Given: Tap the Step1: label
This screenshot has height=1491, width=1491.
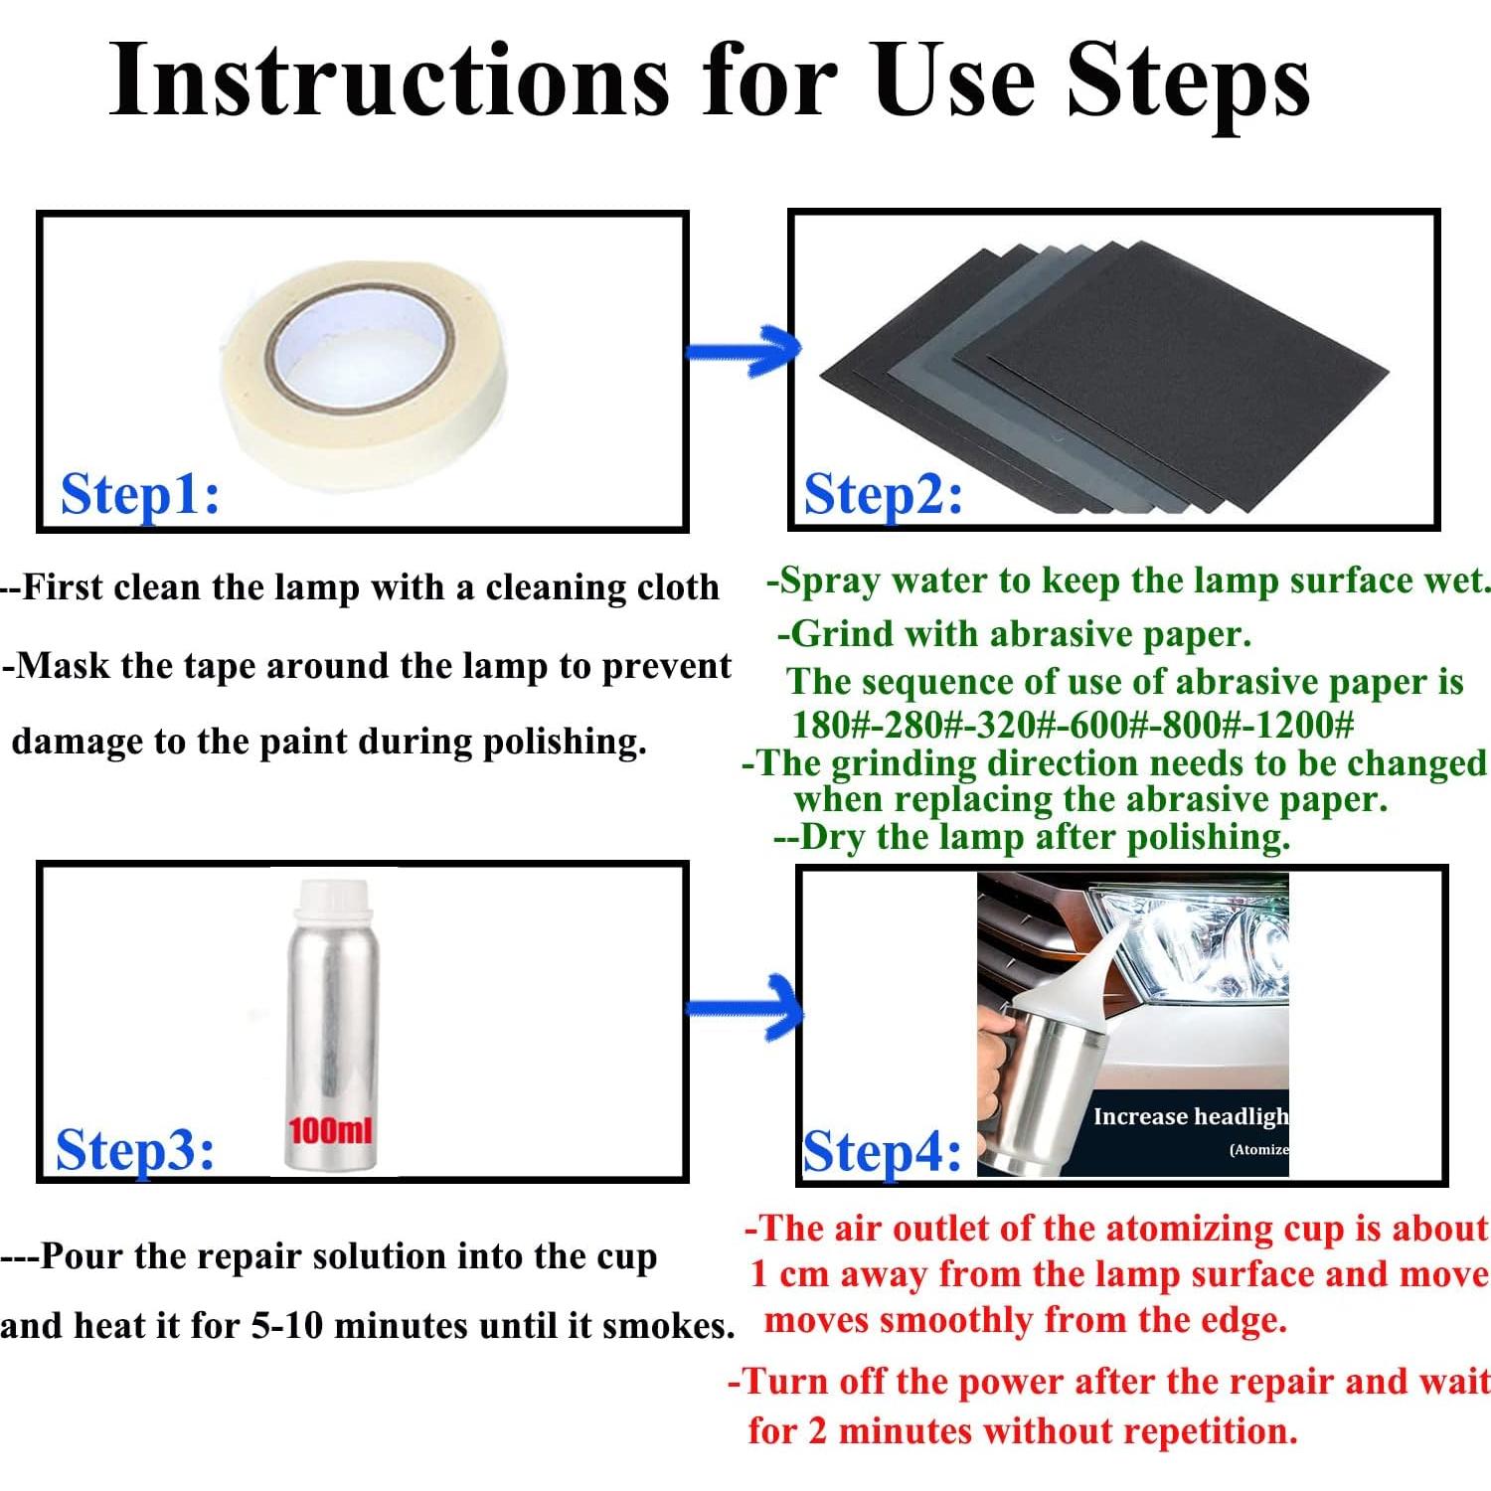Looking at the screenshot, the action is tap(140, 494).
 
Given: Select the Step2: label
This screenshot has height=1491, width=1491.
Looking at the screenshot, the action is tap(884, 495).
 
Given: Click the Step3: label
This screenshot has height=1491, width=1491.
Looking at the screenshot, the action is tap(135, 1151).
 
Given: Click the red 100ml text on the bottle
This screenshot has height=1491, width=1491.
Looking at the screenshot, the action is tap(330, 1130).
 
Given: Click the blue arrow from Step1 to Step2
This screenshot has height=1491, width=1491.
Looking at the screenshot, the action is tap(744, 351).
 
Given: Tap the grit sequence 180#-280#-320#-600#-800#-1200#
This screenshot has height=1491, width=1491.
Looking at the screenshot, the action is tap(1073, 724).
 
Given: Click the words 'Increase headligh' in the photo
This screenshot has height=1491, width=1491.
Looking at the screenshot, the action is tap(1190, 1116).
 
